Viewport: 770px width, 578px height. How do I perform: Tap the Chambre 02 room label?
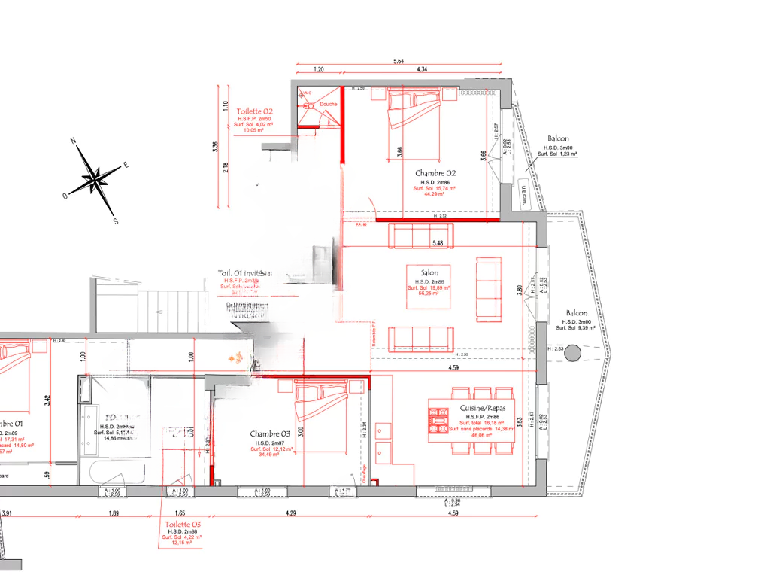pyautogui.click(x=436, y=173)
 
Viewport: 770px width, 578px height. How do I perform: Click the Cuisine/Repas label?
pyautogui.click(x=483, y=409)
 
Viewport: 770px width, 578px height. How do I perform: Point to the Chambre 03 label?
pyautogui.click(x=270, y=434)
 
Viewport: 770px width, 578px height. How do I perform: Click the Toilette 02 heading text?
pyautogui.click(x=255, y=111)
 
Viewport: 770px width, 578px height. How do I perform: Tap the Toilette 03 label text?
pyautogui.click(x=183, y=524)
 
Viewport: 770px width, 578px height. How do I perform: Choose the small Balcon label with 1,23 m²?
pyautogui.click(x=558, y=139)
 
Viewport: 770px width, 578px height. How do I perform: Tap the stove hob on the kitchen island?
pyautogui.click(x=437, y=421)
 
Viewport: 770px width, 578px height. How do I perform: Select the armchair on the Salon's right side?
pyautogui.click(x=489, y=289)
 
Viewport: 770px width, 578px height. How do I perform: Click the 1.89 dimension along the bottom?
pyautogui.click(x=114, y=513)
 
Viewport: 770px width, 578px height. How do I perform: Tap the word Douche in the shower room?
pyautogui.click(x=329, y=104)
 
